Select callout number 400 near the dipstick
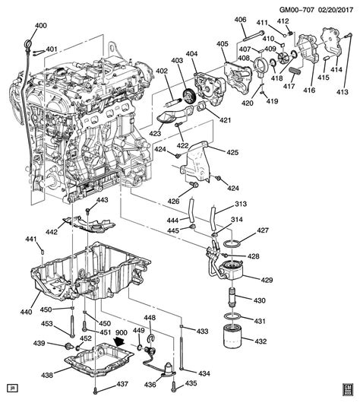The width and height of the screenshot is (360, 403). click(x=40, y=26)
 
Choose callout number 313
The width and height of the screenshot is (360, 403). click(x=241, y=204)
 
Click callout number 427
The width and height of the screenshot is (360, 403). click(x=263, y=230)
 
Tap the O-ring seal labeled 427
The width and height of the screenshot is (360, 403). click(x=235, y=243)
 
